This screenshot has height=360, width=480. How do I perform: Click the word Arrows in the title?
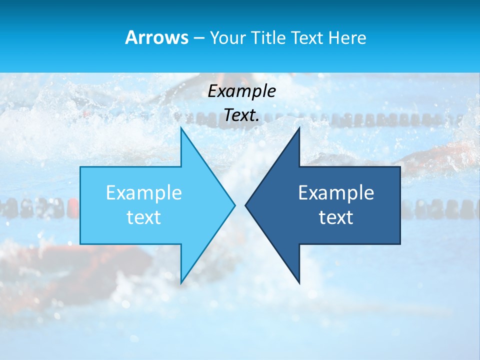click(x=156, y=37)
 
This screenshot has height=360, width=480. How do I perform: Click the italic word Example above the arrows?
click(x=241, y=91)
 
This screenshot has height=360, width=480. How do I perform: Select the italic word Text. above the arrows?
click(x=241, y=115)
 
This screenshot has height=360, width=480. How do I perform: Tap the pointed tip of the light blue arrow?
click(x=234, y=205)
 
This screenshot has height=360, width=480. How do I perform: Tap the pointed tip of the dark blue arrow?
click(x=246, y=205)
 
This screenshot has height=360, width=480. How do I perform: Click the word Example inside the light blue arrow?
click(x=144, y=192)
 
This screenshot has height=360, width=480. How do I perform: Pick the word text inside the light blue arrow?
click(x=144, y=217)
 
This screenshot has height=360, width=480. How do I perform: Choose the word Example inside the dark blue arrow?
click(x=336, y=192)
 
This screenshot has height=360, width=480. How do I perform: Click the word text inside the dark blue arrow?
click(x=336, y=217)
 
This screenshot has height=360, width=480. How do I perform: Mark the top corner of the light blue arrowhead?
click(x=182, y=129)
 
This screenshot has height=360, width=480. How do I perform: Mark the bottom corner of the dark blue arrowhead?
click(x=299, y=282)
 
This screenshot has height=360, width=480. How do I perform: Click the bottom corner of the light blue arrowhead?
click(x=182, y=282)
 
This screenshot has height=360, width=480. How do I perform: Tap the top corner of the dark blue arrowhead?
click(x=299, y=129)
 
